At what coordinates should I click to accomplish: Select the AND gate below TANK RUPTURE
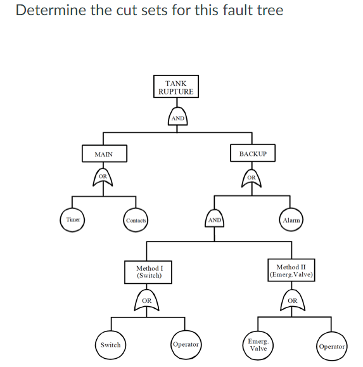(178, 117)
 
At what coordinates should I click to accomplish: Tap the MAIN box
(104, 154)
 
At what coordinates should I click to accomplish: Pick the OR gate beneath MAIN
(104, 179)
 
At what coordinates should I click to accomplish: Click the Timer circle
(73, 219)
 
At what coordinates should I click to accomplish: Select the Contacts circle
(136, 220)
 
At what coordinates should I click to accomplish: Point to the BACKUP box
(253, 154)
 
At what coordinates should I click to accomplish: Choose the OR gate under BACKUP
(252, 179)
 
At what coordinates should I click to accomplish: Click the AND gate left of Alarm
(215, 219)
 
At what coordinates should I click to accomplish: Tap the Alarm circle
(291, 219)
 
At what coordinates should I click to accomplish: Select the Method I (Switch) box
(149, 272)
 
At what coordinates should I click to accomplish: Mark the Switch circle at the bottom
(110, 345)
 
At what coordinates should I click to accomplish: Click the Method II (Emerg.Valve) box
(291, 271)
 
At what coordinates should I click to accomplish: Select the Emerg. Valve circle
(258, 345)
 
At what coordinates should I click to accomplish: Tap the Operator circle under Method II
(331, 346)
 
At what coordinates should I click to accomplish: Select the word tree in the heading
(269, 11)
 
